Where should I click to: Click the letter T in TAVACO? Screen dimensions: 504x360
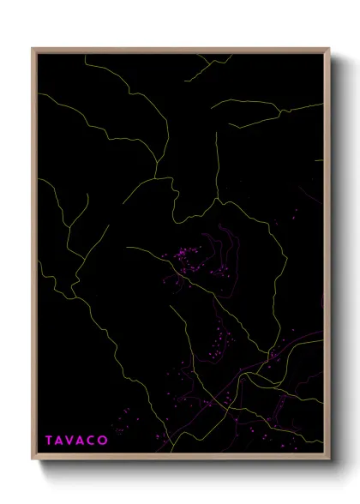point(50,441)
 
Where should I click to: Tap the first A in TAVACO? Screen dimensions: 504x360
point(61,441)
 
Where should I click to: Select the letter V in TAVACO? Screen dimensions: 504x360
point(72,441)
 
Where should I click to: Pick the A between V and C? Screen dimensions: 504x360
point(82,441)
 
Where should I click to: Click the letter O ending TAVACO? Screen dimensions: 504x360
point(104,441)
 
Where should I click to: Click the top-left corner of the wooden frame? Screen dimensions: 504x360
point(33,49)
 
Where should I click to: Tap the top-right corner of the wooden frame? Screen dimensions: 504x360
point(329,49)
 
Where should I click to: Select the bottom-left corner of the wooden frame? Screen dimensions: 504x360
point(33,460)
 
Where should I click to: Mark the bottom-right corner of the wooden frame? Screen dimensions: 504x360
point(329,460)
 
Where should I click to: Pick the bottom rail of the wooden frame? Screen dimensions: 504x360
point(180,459)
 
